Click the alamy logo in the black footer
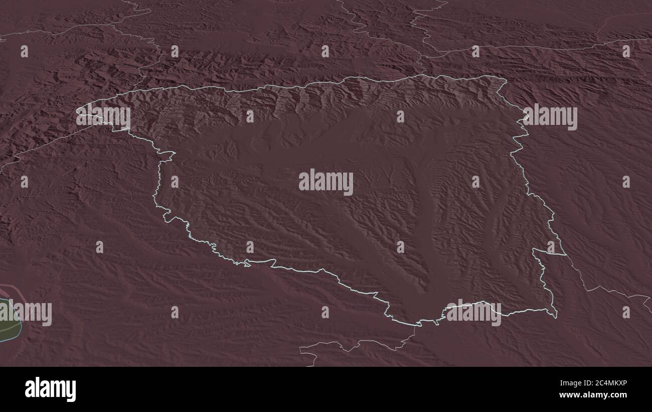tap(51, 389)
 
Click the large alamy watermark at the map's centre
tap(326, 182)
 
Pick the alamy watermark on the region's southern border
tap(473, 313)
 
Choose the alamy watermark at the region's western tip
tap(103, 116)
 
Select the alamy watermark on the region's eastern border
tap(550, 117)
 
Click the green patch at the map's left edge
tap(7, 321)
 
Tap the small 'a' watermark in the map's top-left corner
tap(24, 51)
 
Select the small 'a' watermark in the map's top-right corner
tap(626, 51)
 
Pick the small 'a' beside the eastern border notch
tap(551, 247)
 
